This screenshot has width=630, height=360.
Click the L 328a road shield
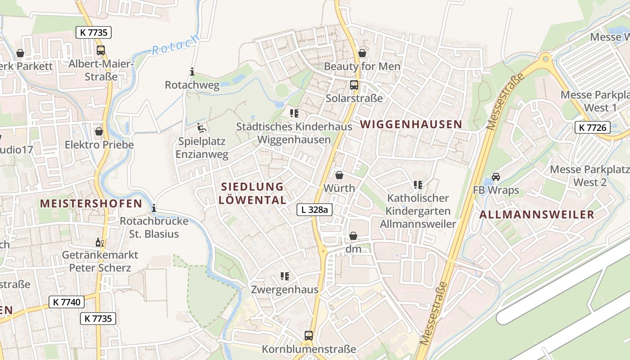[315, 209]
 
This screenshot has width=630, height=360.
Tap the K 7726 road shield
[592, 127]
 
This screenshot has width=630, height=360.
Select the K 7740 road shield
[67, 302]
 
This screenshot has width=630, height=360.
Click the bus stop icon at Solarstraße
[354, 85]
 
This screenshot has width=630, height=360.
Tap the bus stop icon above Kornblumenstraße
[309, 336]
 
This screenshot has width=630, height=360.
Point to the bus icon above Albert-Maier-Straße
[101, 50]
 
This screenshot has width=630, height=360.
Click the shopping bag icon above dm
[354, 236]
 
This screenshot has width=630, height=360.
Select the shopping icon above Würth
[339, 175]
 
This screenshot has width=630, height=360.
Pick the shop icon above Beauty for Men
[362, 54]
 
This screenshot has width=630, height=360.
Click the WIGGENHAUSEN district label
[411, 124]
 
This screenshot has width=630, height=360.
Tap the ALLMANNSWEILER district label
[537, 215]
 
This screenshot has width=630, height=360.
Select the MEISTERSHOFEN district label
[91, 203]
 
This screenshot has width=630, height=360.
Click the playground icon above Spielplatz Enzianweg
[202, 128]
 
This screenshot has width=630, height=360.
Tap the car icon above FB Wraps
[496, 177]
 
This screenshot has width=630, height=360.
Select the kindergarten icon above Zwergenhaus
[284, 276]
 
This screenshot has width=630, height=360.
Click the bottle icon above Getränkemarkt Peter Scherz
[100, 243]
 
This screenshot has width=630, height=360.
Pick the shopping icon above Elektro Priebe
[99, 131]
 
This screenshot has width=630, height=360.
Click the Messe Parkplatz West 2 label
[589, 176]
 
